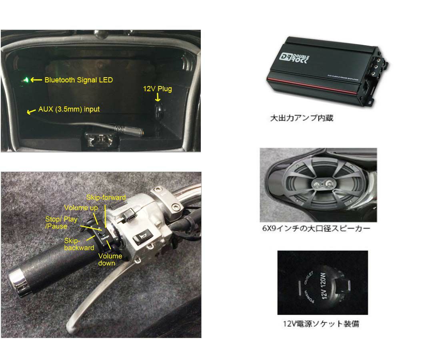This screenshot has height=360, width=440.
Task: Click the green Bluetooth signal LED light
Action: [x=26, y=80]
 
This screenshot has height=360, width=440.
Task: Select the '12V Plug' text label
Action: [x=158, y=89]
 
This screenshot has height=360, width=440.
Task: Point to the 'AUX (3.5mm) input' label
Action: [x=69, y=109]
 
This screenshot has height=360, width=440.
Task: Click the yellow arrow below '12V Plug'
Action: [x=158, y=98]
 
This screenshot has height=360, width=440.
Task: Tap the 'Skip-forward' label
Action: [x=106, y=198]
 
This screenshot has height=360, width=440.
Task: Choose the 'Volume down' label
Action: [x=110, y=260]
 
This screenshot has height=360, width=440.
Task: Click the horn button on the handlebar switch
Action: [x=141, y=239]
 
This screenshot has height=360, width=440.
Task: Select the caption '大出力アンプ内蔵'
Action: [x=302, y=118]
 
